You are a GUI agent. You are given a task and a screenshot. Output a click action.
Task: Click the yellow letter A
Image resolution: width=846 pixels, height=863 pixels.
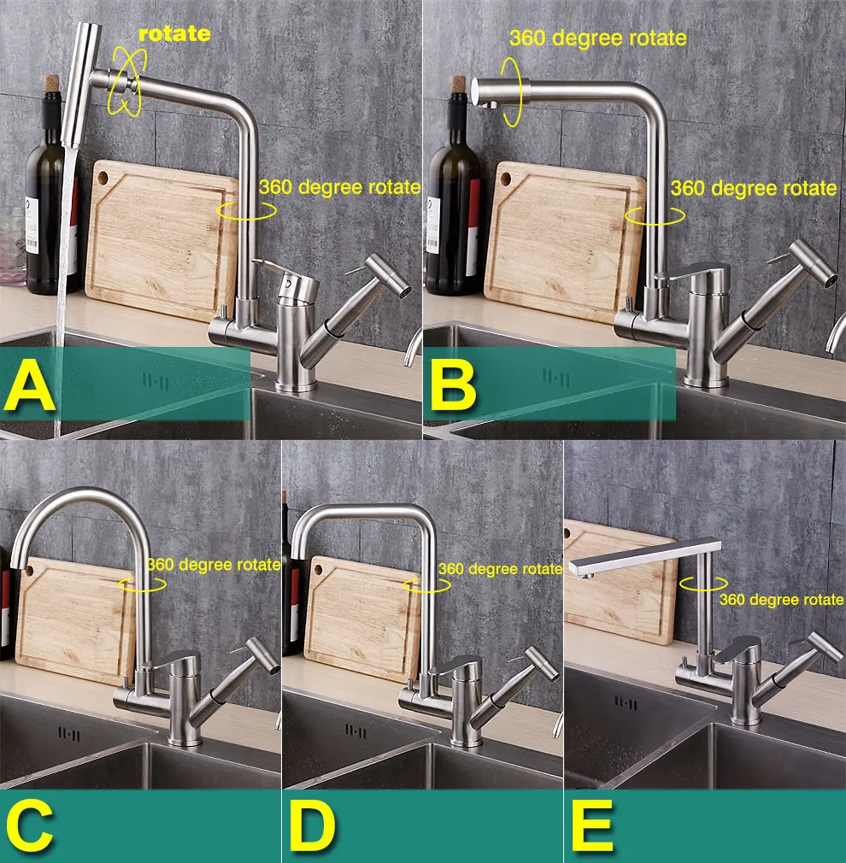pos(30,386)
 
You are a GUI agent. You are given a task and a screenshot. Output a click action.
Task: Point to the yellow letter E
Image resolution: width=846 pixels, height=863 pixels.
pos(592,825)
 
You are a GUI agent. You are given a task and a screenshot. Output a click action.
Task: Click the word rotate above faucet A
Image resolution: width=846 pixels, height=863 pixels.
pos(174,33)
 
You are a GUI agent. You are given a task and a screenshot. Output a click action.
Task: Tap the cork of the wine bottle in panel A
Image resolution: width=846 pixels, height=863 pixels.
pos(52,83)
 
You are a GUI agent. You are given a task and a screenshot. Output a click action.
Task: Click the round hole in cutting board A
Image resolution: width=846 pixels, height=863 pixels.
pos(103,178)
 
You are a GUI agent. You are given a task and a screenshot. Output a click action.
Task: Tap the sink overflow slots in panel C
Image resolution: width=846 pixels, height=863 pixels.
pos(69,735)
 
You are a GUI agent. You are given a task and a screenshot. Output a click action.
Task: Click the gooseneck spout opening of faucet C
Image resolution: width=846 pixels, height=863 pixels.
pos(19,563)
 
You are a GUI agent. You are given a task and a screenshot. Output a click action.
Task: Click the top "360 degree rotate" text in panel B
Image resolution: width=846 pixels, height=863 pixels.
pos(598,38)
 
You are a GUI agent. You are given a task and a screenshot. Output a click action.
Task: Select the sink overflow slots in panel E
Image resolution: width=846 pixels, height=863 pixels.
pos(626,703)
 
